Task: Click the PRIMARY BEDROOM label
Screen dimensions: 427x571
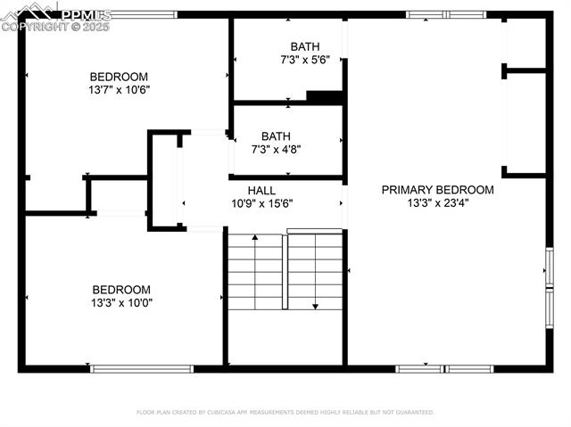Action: [437, 190]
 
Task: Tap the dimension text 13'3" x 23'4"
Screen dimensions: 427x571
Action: [437, 202]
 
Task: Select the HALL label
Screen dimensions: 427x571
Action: [261, 191]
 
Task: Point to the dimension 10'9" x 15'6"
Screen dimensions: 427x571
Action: [261, 203]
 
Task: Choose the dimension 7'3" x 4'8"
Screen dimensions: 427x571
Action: [276, 150]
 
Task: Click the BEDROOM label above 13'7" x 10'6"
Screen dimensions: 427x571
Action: [119, 77]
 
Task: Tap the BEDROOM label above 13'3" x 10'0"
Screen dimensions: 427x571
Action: [121, 290]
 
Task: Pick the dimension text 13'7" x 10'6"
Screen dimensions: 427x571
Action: [119, 89]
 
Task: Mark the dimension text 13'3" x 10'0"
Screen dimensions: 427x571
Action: [121, 303]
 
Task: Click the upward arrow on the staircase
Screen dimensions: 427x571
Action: [255, 238]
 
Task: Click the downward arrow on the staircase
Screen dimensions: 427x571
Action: [315, 306]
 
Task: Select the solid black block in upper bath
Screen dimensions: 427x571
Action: [325, 97]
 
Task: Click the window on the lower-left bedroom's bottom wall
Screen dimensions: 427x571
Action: [141, 368]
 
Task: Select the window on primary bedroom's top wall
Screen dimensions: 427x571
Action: [446, 14]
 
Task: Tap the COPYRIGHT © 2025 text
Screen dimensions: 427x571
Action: [55, 27]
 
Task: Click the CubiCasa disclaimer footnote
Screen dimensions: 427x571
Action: [285, 413]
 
